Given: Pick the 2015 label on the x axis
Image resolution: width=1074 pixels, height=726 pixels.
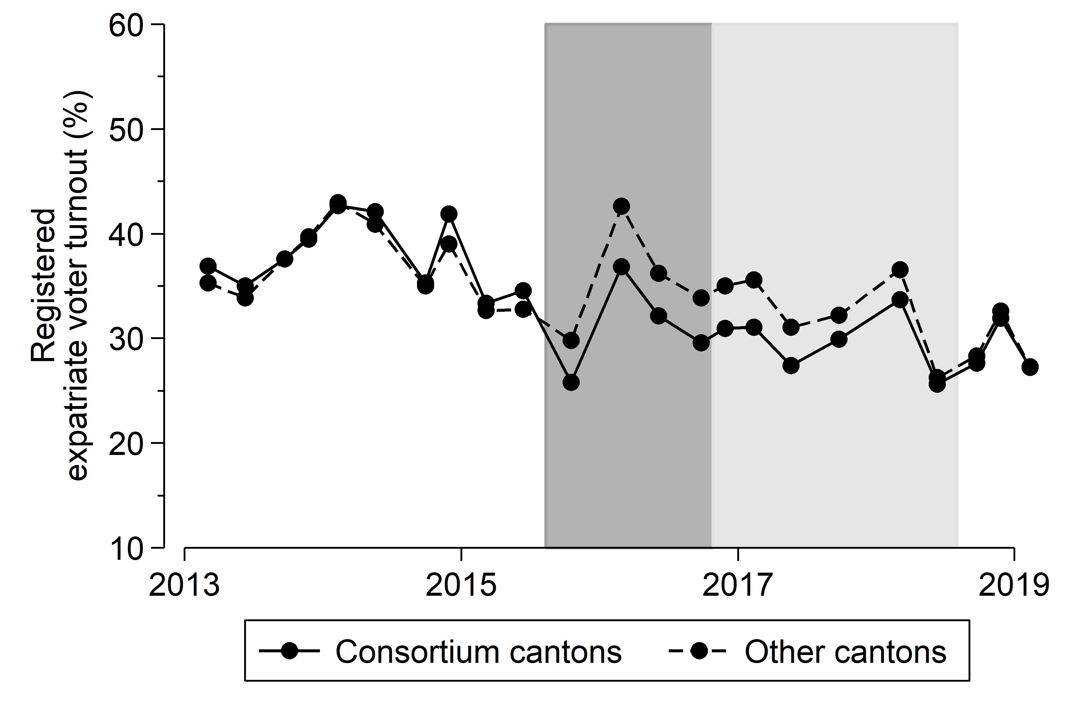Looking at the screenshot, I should (461, 585).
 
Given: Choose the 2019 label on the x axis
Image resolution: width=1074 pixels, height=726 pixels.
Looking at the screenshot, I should (1014, 585).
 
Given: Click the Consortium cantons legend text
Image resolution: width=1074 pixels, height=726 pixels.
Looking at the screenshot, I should (478, 652).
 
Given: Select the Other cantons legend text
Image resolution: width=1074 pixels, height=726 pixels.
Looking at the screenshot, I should (845, 652).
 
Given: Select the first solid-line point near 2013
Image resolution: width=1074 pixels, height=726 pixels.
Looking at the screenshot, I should (208, 266).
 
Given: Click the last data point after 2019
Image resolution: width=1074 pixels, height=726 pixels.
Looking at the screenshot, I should (1030, 367).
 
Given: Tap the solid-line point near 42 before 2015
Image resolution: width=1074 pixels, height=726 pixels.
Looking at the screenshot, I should (448, 214).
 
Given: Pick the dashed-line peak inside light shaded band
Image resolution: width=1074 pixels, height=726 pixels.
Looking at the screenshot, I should (899, 270).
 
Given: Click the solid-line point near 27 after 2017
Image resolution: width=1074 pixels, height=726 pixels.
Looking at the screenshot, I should (791, 365).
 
